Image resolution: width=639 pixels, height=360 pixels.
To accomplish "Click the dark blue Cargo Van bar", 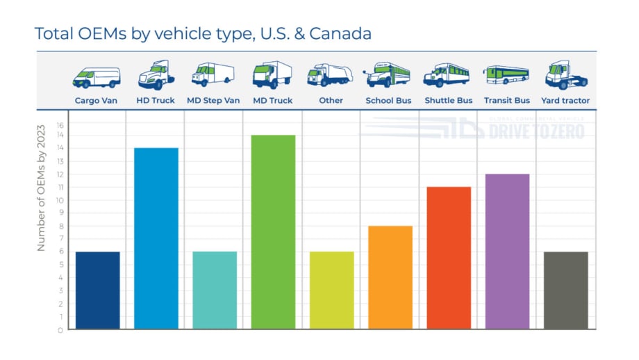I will point(97,290).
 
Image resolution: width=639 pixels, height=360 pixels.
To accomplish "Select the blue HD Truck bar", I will point(156,238).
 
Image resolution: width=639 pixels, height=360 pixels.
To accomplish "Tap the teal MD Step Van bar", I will point(215,290).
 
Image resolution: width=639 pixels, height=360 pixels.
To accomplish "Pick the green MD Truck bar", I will point(273,231).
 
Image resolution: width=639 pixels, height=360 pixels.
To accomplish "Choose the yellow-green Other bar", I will point(331,290).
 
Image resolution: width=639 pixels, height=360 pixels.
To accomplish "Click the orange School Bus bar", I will point(390,277).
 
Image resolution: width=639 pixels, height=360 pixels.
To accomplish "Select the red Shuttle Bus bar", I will point(449,258).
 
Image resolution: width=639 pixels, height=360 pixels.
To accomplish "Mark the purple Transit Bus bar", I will point(507,251).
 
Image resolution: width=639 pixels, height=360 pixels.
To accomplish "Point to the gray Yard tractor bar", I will point(566,290).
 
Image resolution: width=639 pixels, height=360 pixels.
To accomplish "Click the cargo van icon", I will point(97,77).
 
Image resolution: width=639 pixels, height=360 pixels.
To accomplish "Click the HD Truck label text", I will point(156,101).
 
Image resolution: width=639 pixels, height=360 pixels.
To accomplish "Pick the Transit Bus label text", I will point(507,101).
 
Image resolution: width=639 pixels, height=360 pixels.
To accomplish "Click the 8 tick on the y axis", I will point(60,226).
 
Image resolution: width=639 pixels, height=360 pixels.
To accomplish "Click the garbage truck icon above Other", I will point(330,75).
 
